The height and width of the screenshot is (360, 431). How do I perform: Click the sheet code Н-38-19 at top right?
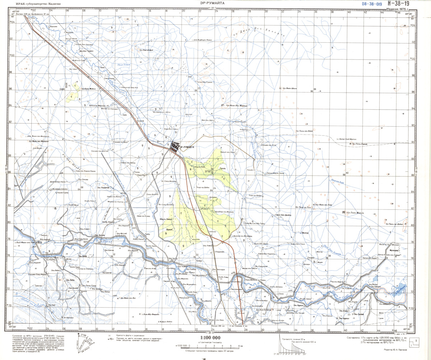pos(398,4)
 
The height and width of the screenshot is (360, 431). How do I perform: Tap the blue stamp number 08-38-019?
pos(372,4)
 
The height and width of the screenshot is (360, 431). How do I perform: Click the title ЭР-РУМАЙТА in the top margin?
pos(212,3)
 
